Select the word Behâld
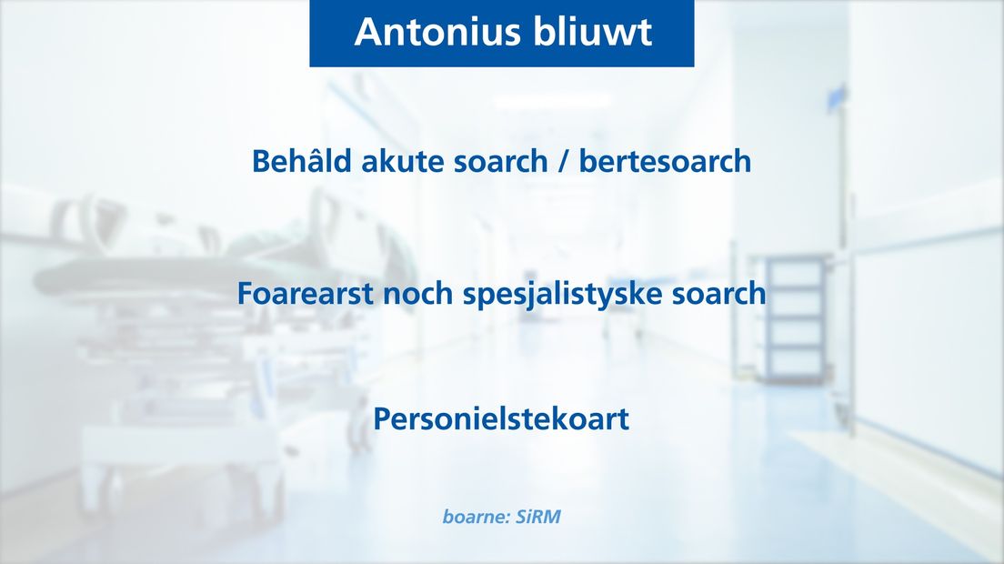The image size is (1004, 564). [302, 160]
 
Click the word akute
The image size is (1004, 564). [403, 161]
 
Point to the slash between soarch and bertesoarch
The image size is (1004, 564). [564, 161]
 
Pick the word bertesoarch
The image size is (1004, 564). [666, 161]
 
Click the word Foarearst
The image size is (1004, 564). [305, 293]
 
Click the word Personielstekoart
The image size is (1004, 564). [501, 419]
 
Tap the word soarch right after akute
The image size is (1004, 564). [501, 161]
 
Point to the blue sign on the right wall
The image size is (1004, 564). [837, 97]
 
